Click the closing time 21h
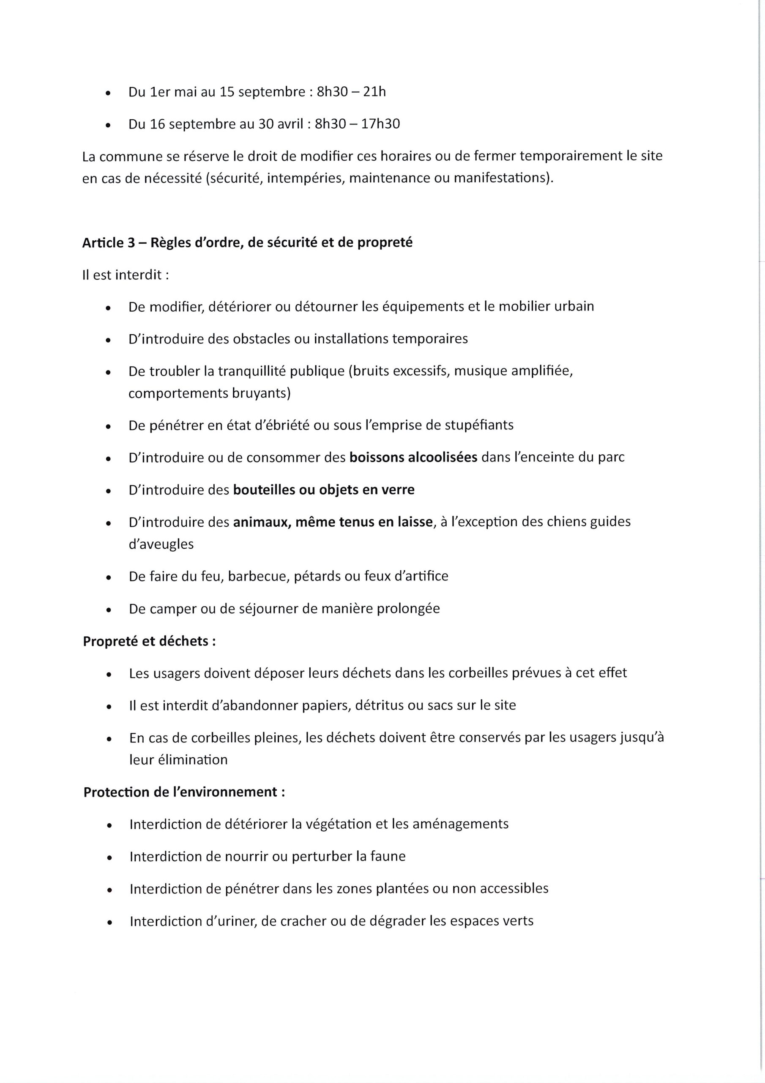point(374,92)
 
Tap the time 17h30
point(380,124)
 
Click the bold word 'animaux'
point(261,522)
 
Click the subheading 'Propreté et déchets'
point(146,641)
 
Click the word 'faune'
point(388,857)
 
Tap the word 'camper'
point(173,609)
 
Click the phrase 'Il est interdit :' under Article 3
point(126,275)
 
